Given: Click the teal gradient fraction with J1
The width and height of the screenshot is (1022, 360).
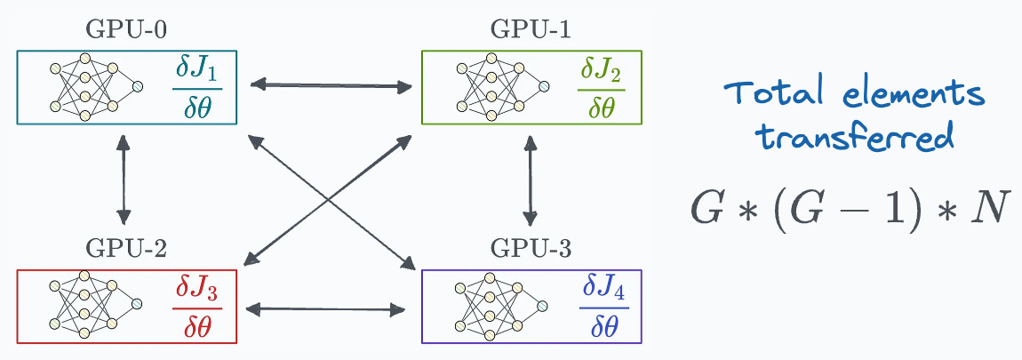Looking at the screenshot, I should pyautogui.click(x=197, y=87).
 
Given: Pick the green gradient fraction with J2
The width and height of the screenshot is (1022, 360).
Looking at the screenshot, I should pyautogui.click(x=601, y=87).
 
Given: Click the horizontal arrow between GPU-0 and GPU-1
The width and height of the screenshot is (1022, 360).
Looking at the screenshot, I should pyautogui.click(x=330, y=86).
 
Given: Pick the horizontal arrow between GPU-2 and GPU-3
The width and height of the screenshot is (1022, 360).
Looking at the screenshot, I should pyautogui.click(x=323, y=309).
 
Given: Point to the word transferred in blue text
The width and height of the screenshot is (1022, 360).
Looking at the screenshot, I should pyautogui.click(x=854, y=139).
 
